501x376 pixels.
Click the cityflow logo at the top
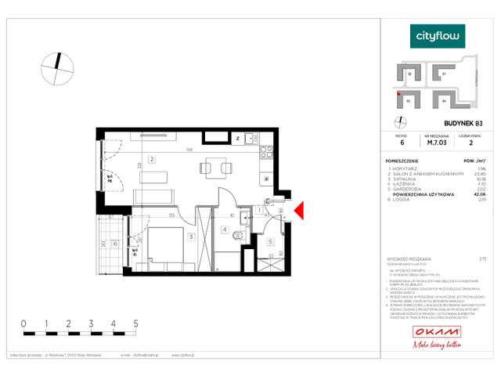[438, 35]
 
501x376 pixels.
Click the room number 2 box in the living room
[153, 160]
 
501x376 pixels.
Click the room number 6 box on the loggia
[116, 244]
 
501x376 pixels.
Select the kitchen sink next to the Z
[250, 138]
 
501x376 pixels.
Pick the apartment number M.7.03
[437, 143]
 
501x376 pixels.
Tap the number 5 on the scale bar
[136, 323]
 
